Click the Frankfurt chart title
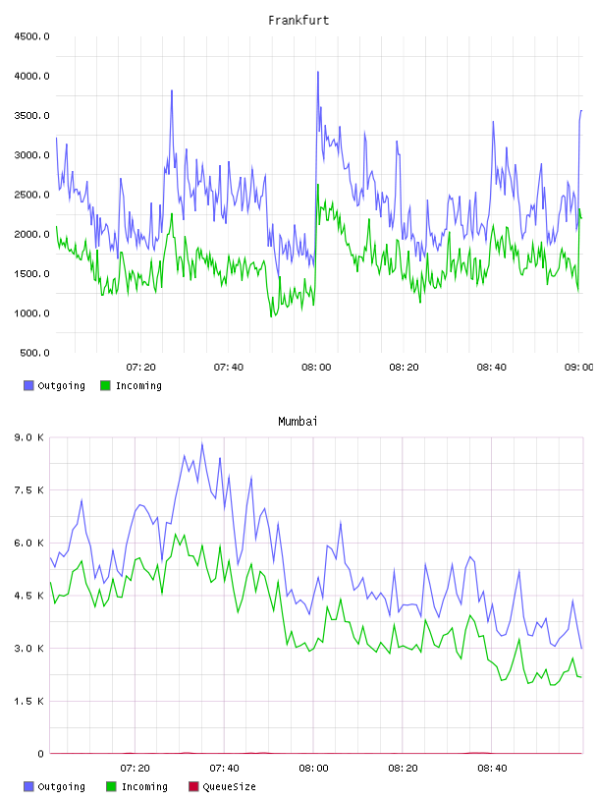[298, 20]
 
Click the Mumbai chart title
[298, 421]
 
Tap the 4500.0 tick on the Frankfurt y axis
[31, 36]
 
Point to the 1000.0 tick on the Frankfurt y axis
[31, 313]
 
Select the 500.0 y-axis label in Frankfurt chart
[34, 353]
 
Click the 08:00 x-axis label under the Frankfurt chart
[316, 367]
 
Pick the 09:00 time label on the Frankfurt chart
[579, 367]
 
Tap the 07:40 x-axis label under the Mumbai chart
[224, 768]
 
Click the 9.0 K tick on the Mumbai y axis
[29, 437]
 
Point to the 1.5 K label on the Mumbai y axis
[29, 701]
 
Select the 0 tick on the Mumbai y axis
[40, 754]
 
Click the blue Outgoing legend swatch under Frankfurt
[28, 385]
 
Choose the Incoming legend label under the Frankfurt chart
[138, 385]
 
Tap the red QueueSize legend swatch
[193, 786]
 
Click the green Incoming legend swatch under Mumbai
[111, 786]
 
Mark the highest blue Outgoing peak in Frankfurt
[317, 72]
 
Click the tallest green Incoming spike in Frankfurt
[317, 185]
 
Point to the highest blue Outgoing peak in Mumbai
[202, 443]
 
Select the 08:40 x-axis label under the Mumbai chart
[492, 768]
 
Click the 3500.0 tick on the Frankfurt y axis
[31, 116]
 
